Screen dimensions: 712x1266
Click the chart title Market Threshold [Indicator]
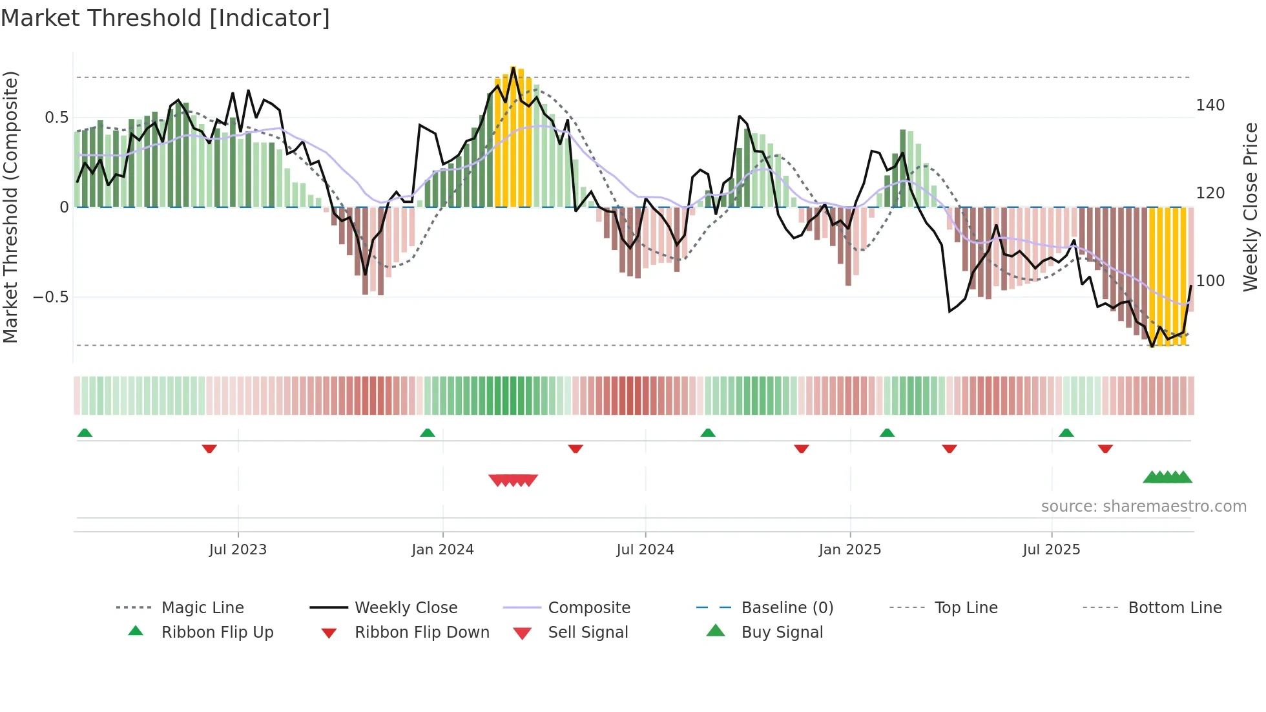165,18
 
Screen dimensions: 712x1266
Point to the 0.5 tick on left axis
57,118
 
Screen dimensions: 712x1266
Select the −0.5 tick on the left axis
51,297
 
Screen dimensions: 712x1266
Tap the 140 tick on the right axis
1210,105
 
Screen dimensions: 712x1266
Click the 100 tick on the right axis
1210,281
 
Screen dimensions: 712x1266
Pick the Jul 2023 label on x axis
238,550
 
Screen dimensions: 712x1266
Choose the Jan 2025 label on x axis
849,550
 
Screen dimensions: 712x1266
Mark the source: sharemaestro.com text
1143,507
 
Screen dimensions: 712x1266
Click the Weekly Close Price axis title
1250,207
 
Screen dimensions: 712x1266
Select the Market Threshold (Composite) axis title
10,207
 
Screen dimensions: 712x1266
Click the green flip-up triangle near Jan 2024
428,433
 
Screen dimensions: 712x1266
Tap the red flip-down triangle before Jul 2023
209,448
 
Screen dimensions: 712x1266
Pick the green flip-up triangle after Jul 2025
1066,433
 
